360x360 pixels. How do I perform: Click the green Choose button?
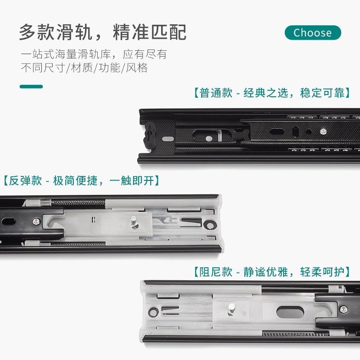(x=313, y=32)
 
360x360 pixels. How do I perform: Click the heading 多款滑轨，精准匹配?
(x=103, y=32)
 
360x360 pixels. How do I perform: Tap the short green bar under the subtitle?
(x=31, y=86)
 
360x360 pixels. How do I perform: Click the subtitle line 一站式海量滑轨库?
(x=66, y=54)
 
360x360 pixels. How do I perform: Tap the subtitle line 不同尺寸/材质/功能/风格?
(x=84, y=68)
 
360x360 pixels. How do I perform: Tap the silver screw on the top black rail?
(x=323, y=131)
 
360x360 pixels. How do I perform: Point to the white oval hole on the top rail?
(x=168, y=139)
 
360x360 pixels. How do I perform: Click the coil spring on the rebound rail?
(x=78, y=202)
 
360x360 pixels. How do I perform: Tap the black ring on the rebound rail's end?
(x=210, y=225)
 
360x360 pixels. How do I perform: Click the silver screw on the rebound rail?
(x=36, y=221)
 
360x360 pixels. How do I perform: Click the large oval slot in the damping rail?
(x=290, y=312)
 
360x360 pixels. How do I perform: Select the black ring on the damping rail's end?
(x=153, y=312)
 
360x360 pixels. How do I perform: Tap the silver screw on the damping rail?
(x=343, y=310)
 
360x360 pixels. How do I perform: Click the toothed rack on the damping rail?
(x=296, y=334)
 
